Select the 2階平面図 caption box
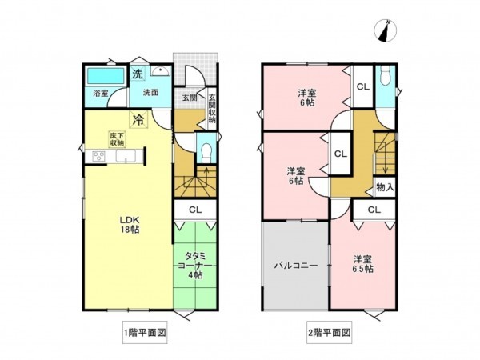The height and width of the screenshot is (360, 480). [x=328, y=333]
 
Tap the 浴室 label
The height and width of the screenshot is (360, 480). [x=100, y=94]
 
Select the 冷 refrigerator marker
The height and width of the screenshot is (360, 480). [x=138, y=121]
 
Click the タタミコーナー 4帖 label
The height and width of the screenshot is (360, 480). [x=195, y=265]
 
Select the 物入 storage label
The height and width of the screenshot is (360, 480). [x=384, y=186]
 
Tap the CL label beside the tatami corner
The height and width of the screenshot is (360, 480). [x=195, y=210]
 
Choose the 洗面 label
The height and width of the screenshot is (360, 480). [x=150, y=93]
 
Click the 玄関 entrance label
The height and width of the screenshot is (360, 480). [x=189, y=98]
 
